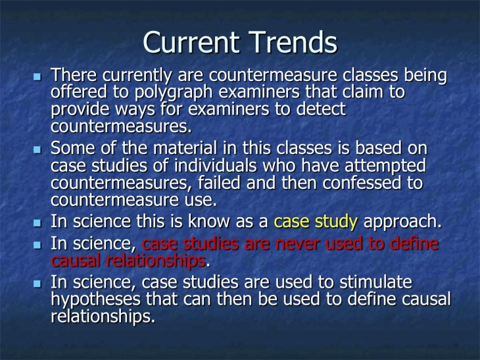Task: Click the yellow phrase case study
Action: (x=316, y=222)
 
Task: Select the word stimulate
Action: (x=374, y=283)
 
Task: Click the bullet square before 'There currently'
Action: (x=37, y=78)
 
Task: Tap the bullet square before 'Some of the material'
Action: (x=37, y=150)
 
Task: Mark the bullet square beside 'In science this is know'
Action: (x=37, y=222)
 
